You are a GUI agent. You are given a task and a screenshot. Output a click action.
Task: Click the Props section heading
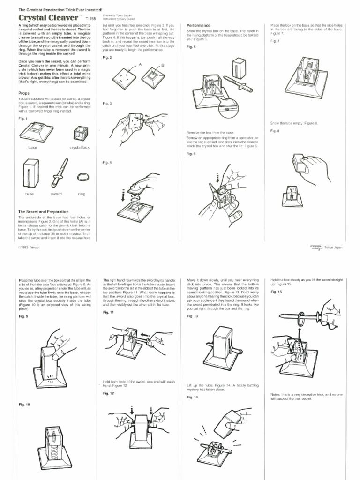click(24, 94)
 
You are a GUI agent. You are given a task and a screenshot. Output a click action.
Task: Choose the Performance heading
click(198, 25)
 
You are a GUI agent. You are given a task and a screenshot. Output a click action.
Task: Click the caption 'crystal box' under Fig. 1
click(79, 148)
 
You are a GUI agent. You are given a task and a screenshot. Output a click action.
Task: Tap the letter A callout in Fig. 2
click(140, 64)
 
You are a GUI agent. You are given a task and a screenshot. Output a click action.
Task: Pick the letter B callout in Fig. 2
click(162, 66)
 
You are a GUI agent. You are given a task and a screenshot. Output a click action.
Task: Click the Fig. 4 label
click(107, 162)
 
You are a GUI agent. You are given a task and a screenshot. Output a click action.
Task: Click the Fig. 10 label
click(24, 404)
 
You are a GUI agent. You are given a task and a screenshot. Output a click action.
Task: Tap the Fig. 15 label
click(277, 292)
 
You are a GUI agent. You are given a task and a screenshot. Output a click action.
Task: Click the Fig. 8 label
click(275, 131)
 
